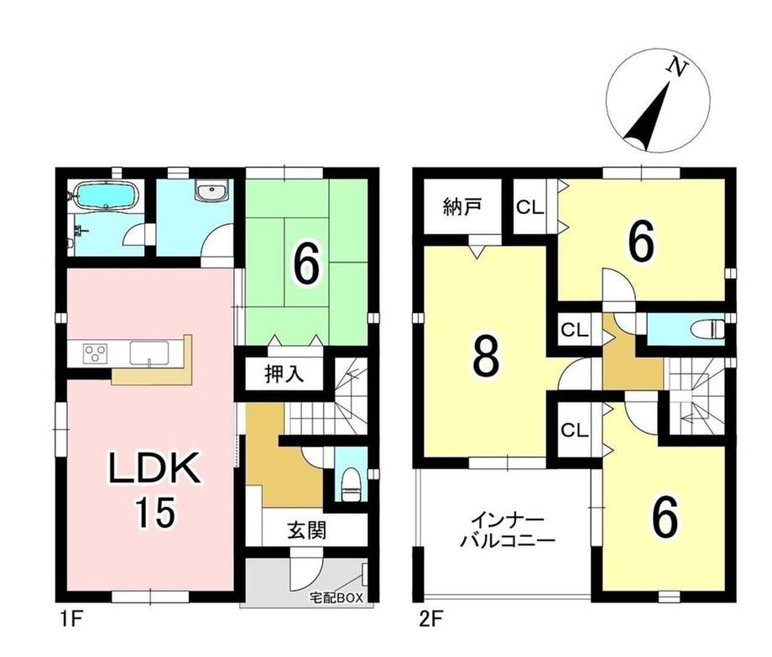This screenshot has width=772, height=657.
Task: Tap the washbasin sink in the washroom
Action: tap(211, 190)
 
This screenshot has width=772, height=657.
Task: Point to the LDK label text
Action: tap(154, 467)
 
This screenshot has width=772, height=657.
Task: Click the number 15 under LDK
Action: tap(155, 512)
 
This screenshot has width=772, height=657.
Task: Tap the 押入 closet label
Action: tap(284, 374)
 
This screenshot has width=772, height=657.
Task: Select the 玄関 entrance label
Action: tap(306, 530)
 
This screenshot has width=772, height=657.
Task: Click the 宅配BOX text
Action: tap(336, 598)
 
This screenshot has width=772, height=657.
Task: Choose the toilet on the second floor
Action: tap(707, 328)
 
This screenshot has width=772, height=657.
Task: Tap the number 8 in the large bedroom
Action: tap(486, 359)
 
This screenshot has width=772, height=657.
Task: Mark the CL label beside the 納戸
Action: tap(529, 207)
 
